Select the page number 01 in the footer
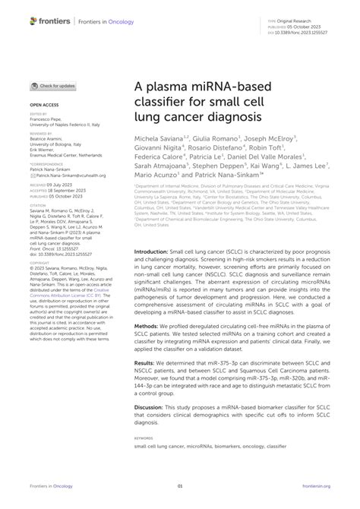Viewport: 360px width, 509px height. click(180, 487)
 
